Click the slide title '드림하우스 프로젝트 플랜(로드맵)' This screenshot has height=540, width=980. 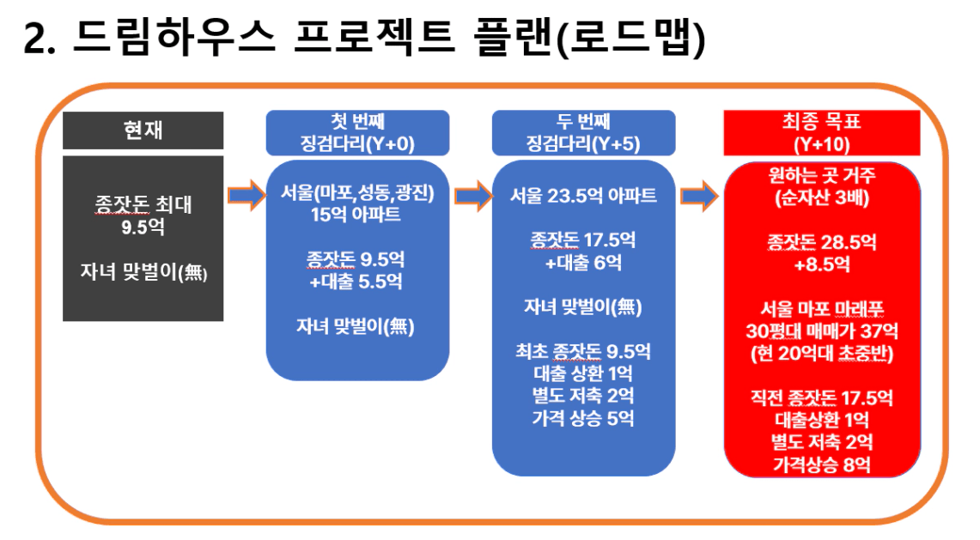click(389, 38)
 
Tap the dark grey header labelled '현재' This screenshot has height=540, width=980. click(143, 130)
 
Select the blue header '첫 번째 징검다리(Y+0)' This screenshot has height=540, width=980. click(357, 132)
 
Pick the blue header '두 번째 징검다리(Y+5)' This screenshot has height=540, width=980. click(584, 132)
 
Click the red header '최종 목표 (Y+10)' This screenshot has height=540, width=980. click(822, 132)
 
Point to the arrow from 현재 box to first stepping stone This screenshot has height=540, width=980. click(247, 196)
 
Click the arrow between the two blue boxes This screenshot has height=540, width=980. click(473, 196)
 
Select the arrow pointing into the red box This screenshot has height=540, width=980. click(699, 196)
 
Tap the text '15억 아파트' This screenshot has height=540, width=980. click(356, 215)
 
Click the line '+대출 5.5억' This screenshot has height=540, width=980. click(356, 282)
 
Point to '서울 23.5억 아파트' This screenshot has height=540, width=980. click(583, 196)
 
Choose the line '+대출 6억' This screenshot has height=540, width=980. click(583, 263)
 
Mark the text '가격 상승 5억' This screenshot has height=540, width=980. click(583, 417)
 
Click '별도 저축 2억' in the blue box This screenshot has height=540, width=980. click(583, 395)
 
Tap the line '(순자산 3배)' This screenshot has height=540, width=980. click(822, 197)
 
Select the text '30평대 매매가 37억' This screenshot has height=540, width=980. click(822, 331)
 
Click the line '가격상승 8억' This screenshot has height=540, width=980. click(822, 464)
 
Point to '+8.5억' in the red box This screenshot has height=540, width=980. click(822, 264)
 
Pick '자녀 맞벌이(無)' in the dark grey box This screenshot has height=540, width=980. click(143, 272)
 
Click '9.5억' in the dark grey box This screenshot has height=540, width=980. click(143, 227)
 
